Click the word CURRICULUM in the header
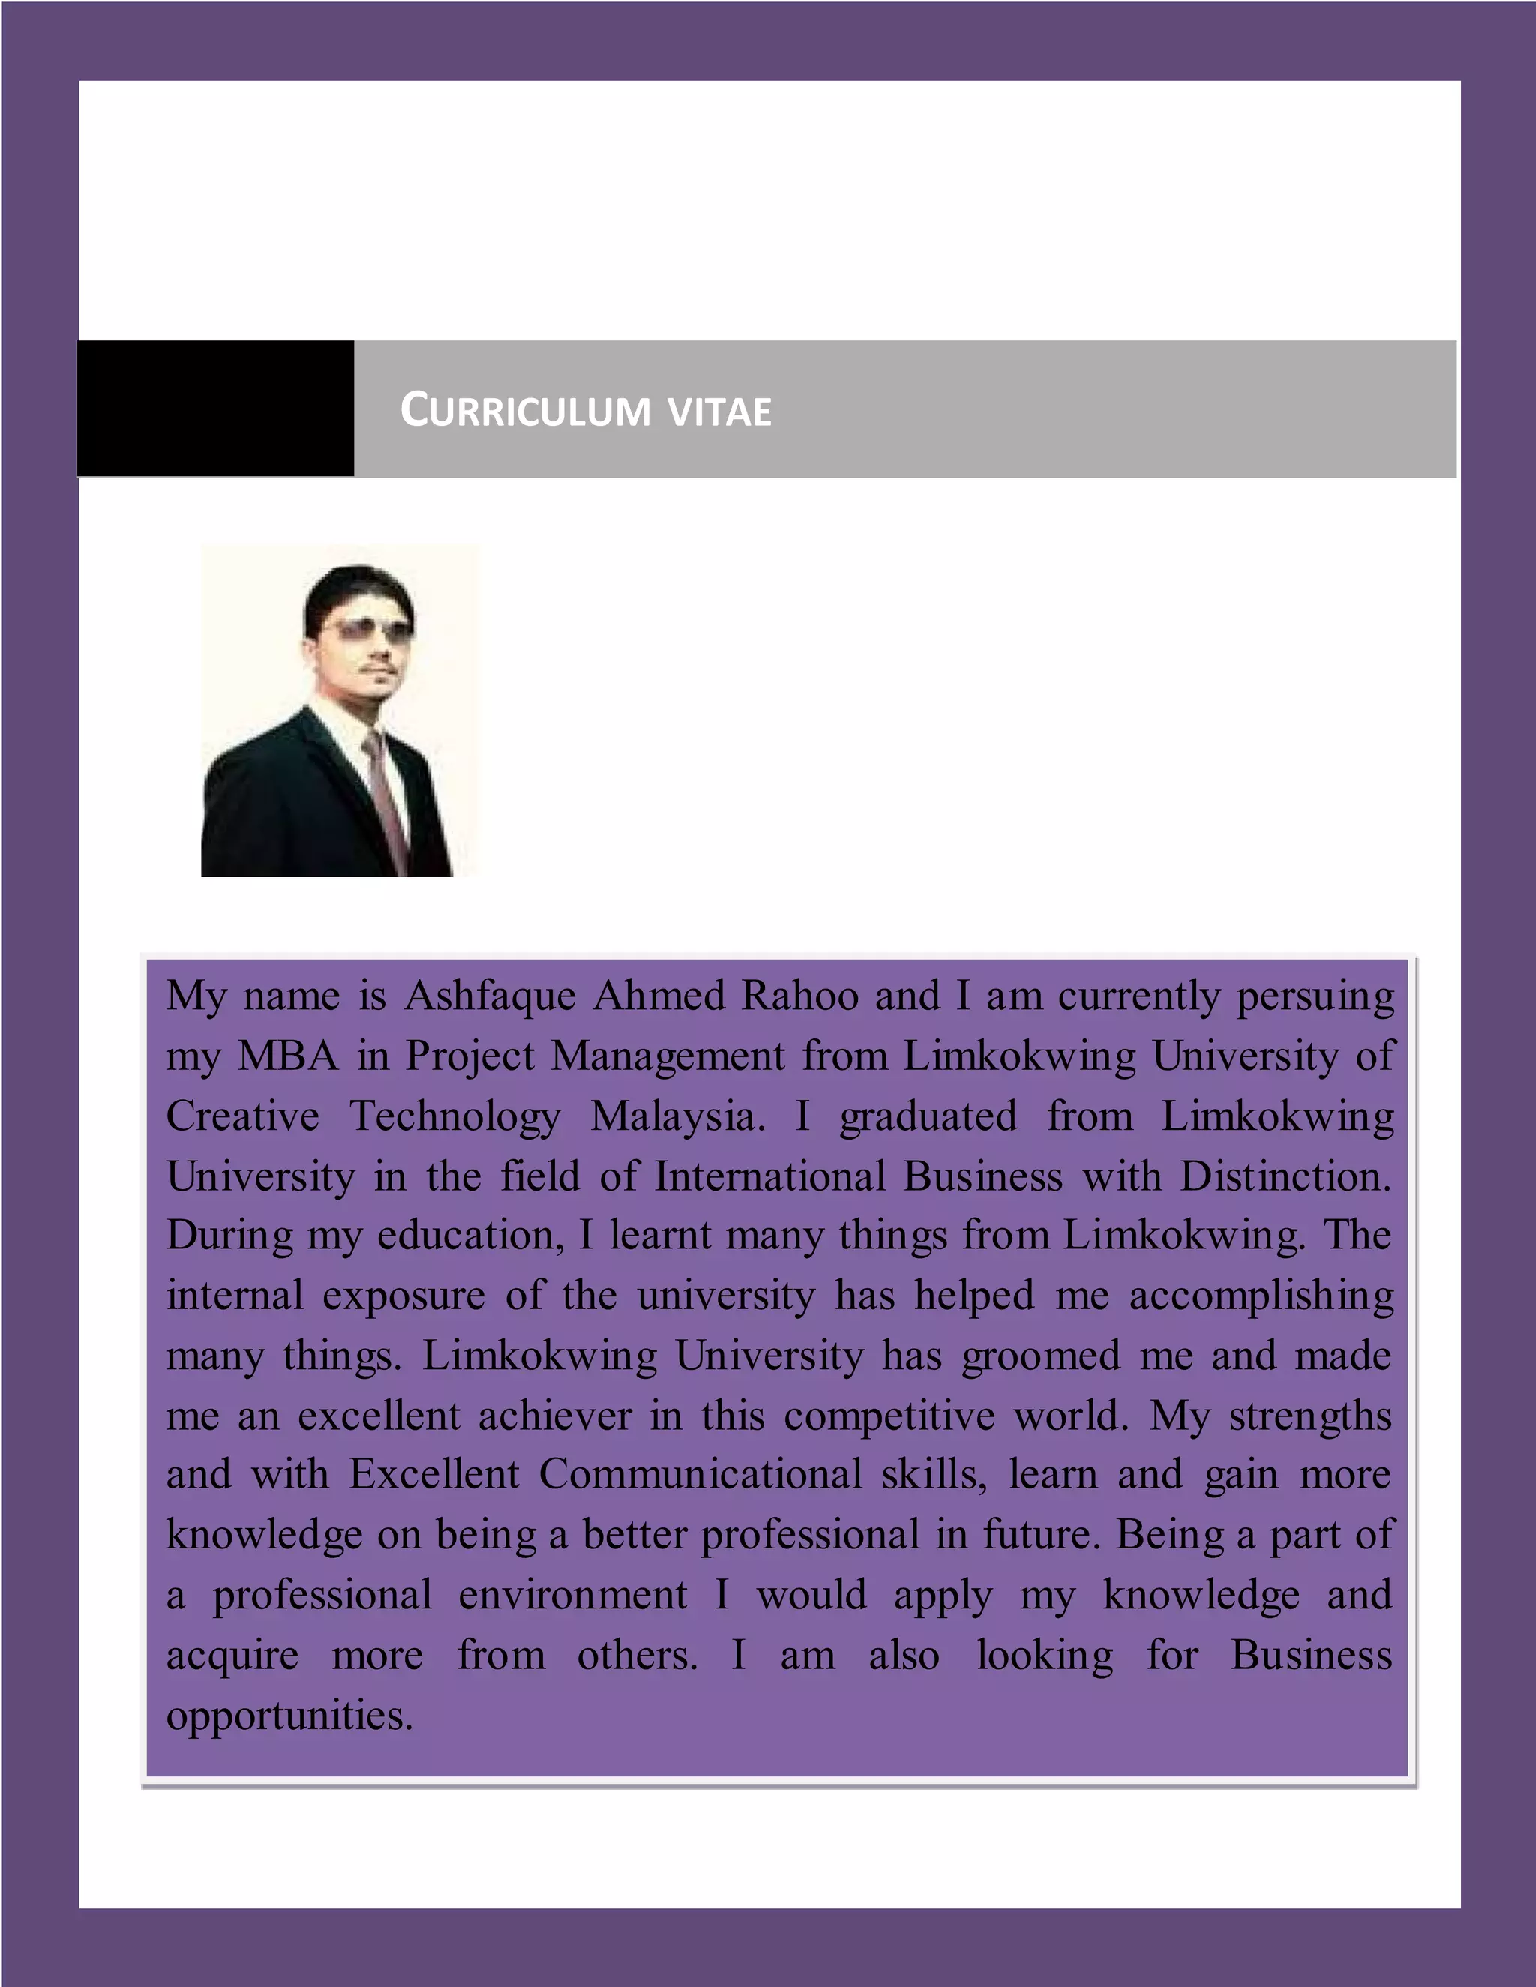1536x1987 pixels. point(525,410)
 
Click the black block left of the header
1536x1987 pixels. point(216,409)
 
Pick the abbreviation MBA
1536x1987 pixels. point(287,1056)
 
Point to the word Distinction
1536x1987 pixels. point(1285,1176)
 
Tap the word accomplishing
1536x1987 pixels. point(1261,1296)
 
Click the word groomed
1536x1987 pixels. point(1040,1356)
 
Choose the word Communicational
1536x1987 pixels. point(700,1475)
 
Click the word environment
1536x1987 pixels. point(572,1595)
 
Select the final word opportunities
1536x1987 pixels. point(289,1716)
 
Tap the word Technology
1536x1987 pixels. point(455,1116)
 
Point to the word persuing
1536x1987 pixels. point(1315,997)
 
